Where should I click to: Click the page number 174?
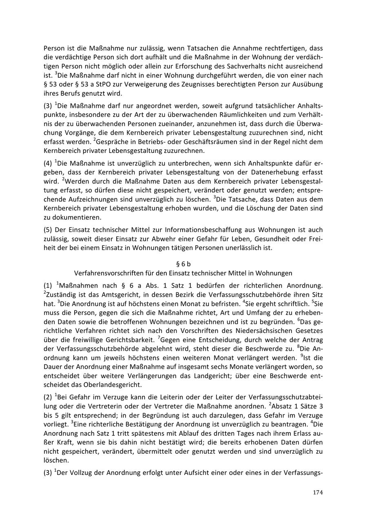pos(318,492)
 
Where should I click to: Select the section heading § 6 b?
pos(183,264)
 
